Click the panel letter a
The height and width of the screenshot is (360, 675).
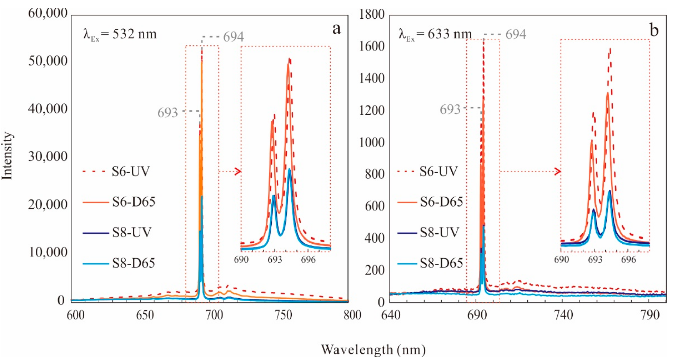click(336, 29)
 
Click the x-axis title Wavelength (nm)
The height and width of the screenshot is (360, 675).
click(373, 350)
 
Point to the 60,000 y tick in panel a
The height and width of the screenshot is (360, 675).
click(48, 13)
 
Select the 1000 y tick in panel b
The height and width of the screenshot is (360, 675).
click(371, 142)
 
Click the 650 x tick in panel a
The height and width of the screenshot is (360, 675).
click(145, 315)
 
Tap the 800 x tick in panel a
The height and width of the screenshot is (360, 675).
click(352, 315)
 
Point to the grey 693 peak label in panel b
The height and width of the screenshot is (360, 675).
click(450, 109)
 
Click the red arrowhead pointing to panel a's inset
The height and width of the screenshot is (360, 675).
click(238, 171)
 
